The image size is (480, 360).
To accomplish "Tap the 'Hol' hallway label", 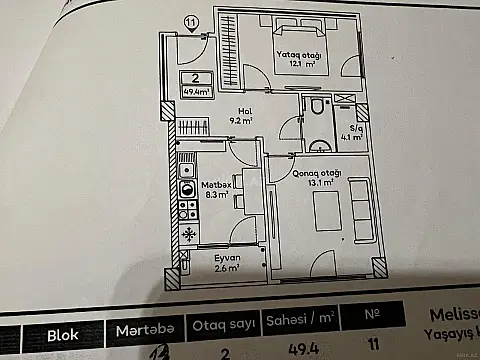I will [244, 111].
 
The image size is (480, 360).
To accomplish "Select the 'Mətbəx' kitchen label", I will [217, 184].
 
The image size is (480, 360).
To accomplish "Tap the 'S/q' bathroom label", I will [356, 127].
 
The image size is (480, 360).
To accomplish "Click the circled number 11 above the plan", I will [191, 21].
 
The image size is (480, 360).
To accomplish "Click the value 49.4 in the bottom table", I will [298, 350].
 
